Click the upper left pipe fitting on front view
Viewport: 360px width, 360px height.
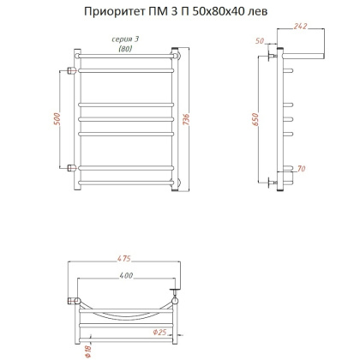(x=70, y=68)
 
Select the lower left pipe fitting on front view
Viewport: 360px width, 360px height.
(x=70, y=165)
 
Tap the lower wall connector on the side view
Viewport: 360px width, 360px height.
(x=273, y=182)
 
